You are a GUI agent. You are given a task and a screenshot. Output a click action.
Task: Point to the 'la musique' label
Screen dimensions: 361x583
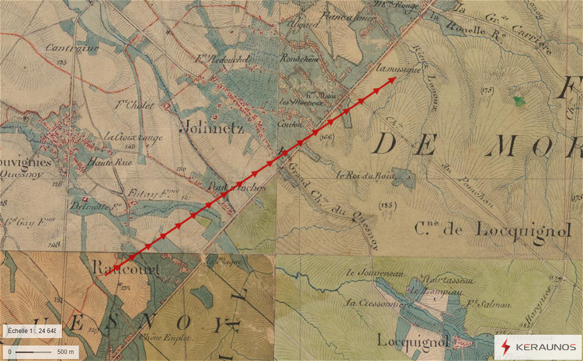[399, 69]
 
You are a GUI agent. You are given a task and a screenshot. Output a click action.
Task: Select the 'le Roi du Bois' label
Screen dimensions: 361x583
[366, 174]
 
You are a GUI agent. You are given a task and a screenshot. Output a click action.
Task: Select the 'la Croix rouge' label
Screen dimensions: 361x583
[125, 136]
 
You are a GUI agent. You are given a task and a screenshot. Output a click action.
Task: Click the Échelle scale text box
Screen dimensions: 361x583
[32, 331]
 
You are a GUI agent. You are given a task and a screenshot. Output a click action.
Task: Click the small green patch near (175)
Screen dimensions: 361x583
[518, 100]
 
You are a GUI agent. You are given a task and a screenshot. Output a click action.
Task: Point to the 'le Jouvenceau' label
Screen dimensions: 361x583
[367, 272]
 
